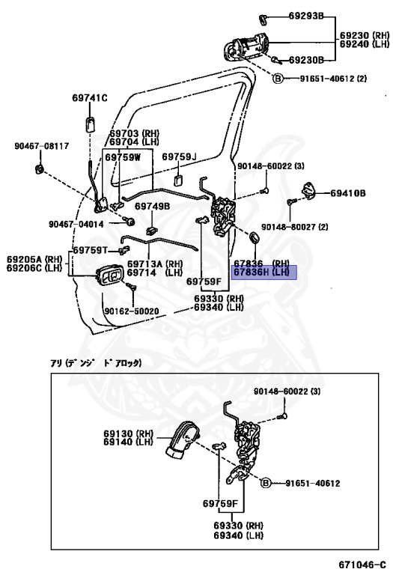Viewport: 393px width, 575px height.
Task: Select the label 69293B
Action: (306, 16)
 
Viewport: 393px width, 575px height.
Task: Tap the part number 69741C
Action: (90, 98)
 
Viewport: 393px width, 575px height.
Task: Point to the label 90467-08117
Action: (42, 146)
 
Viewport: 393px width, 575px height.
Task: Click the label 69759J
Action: (179, 157)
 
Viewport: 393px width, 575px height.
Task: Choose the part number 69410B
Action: (348, 193)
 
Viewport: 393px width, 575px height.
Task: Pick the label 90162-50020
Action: (132, 311)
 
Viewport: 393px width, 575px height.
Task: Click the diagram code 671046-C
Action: (362, 564)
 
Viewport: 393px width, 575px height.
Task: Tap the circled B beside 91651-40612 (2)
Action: (278, 78)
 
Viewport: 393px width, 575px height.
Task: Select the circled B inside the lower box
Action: (266, 484)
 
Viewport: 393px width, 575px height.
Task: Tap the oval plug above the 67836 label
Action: (254, 237)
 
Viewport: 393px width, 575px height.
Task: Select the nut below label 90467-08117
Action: (40, 169)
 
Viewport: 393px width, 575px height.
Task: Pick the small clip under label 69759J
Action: (179, 180)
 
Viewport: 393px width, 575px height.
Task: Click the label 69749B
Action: (152, 206)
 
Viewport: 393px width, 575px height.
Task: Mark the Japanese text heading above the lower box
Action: (96, 363)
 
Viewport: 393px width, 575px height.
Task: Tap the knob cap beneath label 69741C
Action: (90, 124)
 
